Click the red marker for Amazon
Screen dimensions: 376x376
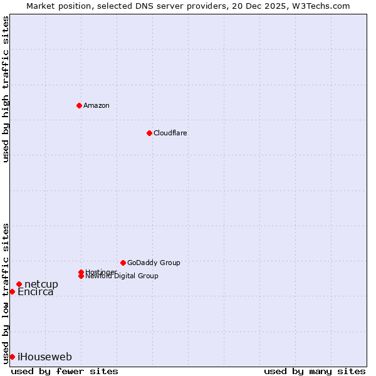click(x=79, y=105)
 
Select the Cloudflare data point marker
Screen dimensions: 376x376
click(x=149, y=133)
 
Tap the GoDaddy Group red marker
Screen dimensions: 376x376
click(x=123, y=263)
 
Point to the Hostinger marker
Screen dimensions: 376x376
click(x=81, y=272)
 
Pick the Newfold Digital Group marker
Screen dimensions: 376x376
click(x=81, y=276)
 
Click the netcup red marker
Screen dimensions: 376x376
click(x=19, y=285)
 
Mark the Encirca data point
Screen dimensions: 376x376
click(x=12, y=291)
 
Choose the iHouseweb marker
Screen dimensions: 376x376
click(x=12, y=357)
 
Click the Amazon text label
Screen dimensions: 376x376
click(x=97, y=105)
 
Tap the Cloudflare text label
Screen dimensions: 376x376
click(x=170, y=133)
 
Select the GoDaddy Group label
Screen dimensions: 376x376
click(x=154, y=263)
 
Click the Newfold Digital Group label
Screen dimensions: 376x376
click(x=122, y=276)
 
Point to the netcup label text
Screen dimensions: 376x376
click(x=41, y=285)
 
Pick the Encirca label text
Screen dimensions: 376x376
click(x=36, y=291)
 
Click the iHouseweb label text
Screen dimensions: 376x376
click(x=44, y=357)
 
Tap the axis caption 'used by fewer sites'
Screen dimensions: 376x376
click(x=65, y=371)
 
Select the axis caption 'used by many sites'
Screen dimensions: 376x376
click(x=315, y=371)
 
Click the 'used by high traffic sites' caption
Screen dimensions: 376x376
click(x=6, y=89)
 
